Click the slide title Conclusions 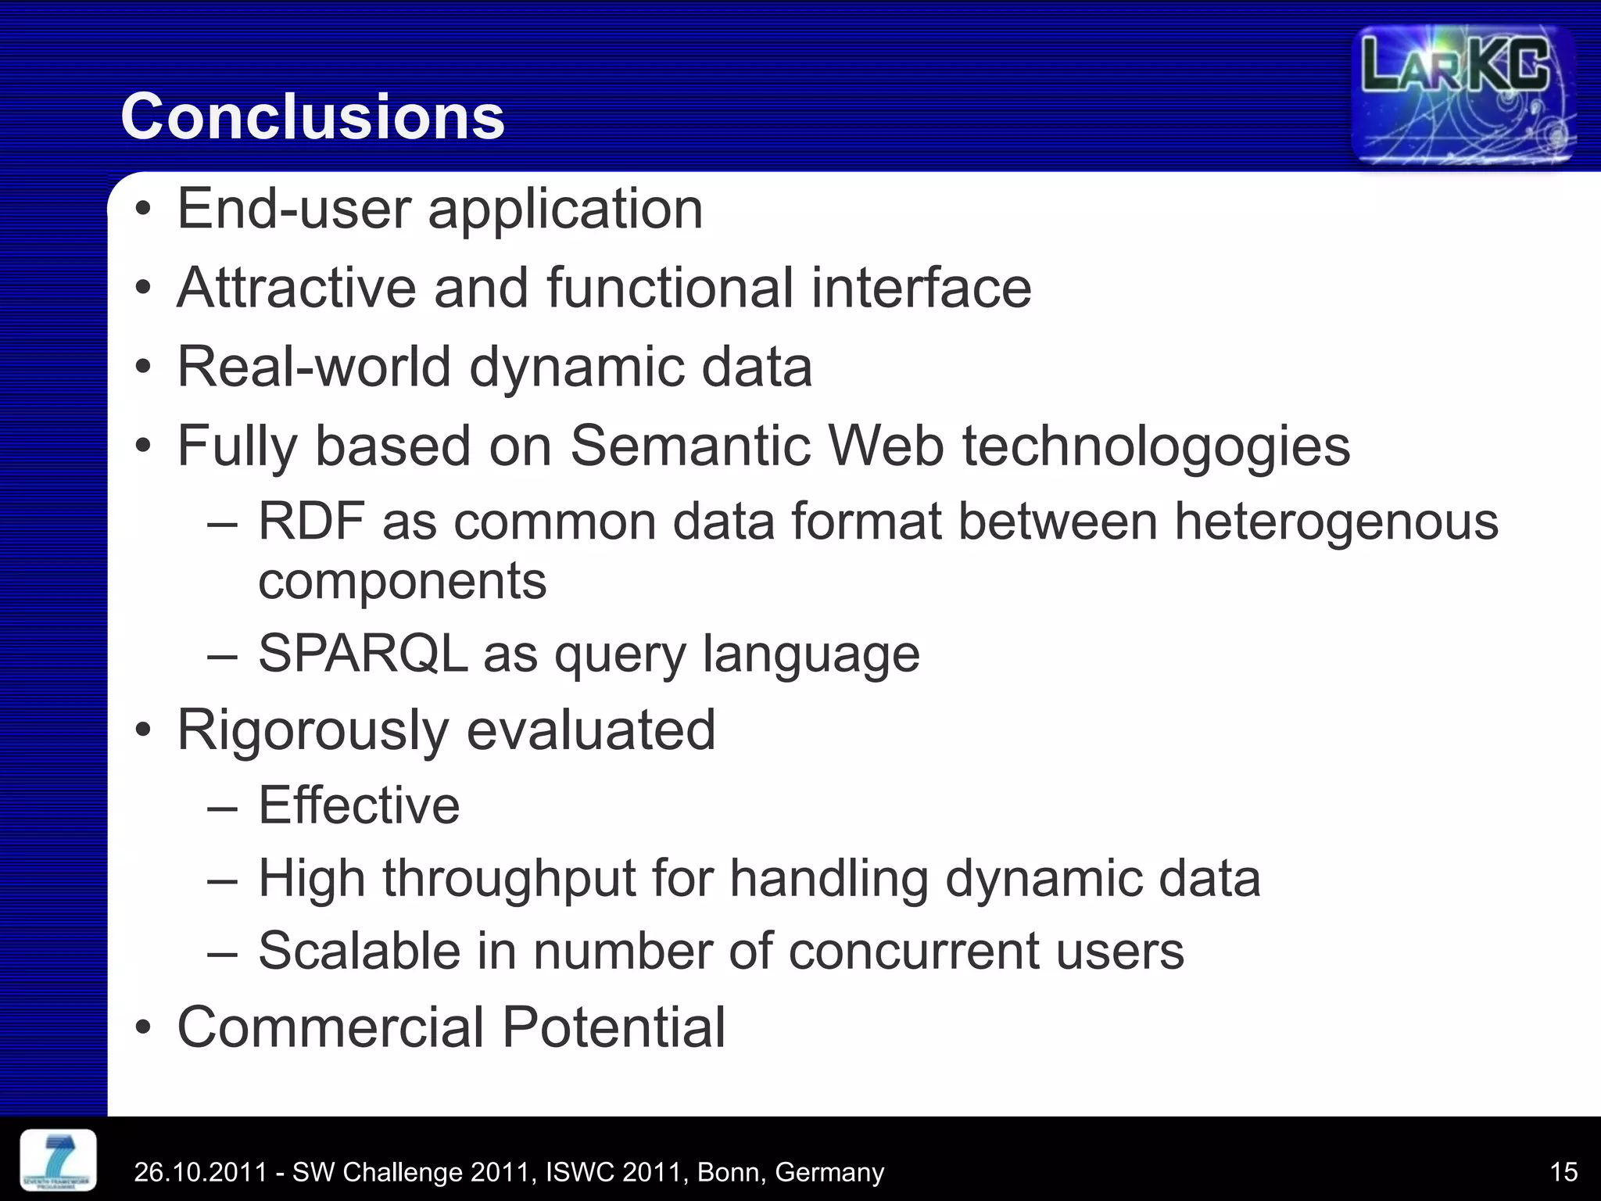tap(313, 117)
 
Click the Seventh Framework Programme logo tap(59, 1160)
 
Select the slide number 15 tap(1563, 1171)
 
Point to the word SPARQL tap(363, 654)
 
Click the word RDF tap(311, 522)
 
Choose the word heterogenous tap(1336, 522)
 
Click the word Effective tap(359, 805)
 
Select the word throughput tap(509, 879)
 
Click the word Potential tap(614, 1027)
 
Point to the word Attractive tap(296, 288)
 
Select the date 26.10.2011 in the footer tap(200, 1172)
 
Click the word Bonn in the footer tap(731, 1172)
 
